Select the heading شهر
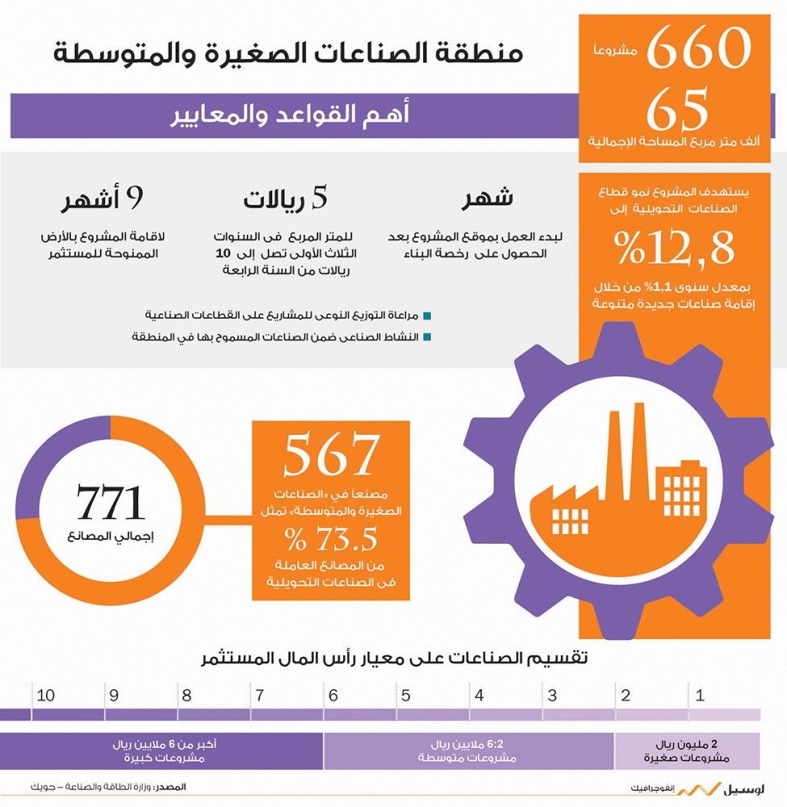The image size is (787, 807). click(x=487, y=199)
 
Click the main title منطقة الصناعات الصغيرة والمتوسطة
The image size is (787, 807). click(x=288, y=54)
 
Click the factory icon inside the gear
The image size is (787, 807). click(x=622, y=484)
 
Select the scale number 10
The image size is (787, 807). click(x=46, y=695)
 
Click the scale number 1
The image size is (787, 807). click(x=700, y=695)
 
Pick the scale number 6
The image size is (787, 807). click(x=333, y=695)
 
